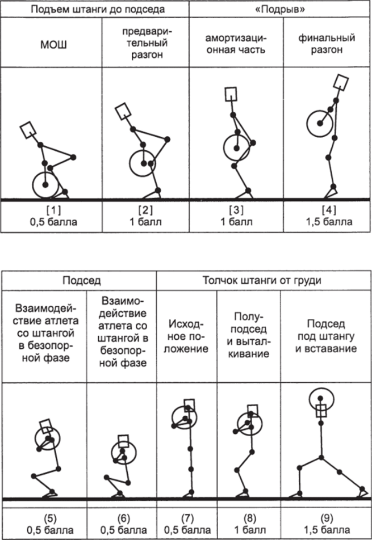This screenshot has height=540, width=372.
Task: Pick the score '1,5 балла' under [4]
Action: [x=327, y=221]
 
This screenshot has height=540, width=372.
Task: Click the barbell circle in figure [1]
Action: [x=45, y=185]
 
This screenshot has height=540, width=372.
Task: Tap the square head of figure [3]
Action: [x=231, y=94]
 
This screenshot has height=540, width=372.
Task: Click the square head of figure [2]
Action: [x=123, y=111]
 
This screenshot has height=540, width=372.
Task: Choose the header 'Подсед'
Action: [x=79, y=280]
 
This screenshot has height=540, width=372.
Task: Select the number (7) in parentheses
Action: [x=187, y=518]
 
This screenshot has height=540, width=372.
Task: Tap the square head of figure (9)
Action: [x=321, y=411]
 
